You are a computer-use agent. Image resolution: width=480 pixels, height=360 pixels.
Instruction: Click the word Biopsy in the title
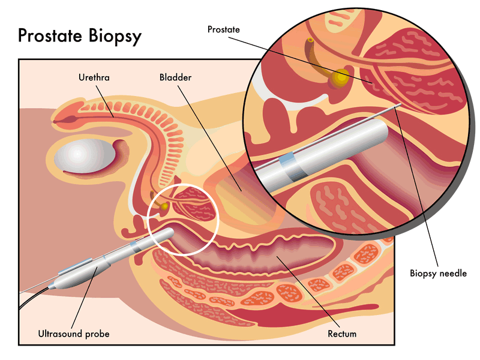pos(115,35)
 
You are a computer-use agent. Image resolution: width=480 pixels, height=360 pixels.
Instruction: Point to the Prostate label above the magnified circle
pos(223,29)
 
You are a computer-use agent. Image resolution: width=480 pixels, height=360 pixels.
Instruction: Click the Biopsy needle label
pos(438,273)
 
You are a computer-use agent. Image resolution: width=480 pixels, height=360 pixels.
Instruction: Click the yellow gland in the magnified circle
pos(341,77)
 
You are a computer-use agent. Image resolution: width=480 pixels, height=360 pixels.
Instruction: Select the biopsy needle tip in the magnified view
pos(398,106)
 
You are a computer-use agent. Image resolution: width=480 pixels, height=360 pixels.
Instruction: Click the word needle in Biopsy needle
pos(453,273)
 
